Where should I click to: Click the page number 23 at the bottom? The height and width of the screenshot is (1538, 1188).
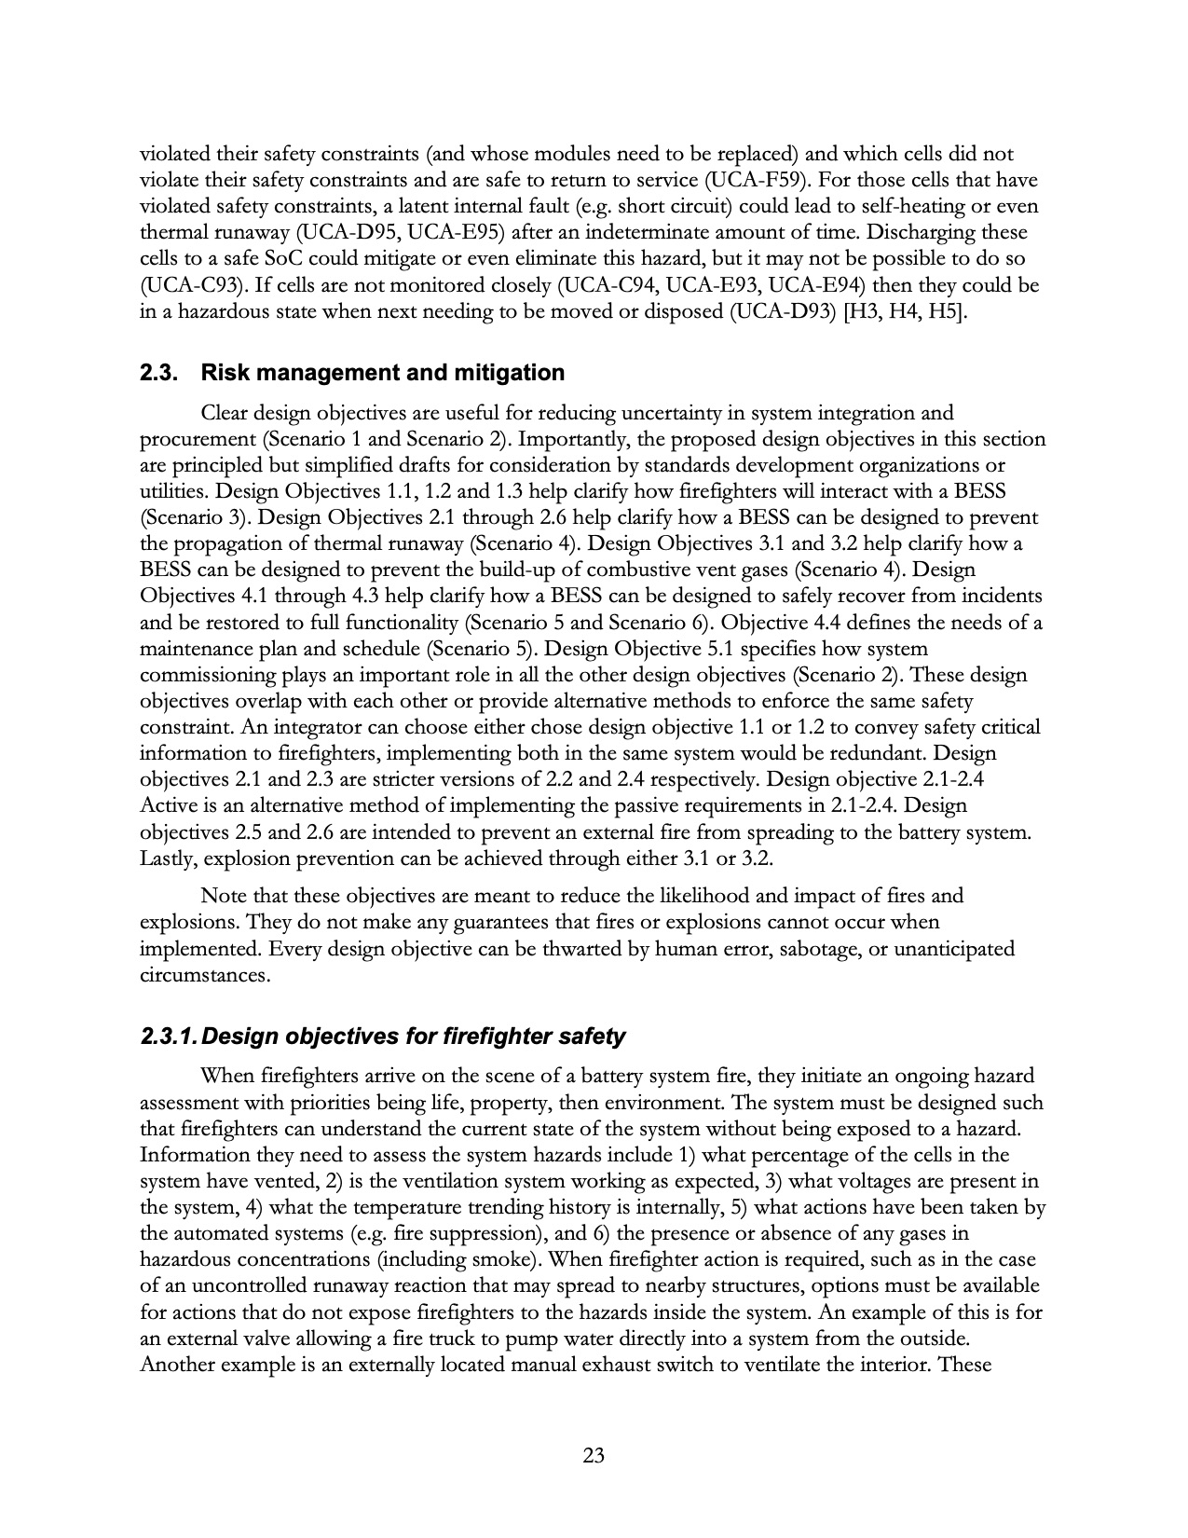pos(594,1455)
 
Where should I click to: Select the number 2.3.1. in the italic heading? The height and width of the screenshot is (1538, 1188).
pos(168,1037)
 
